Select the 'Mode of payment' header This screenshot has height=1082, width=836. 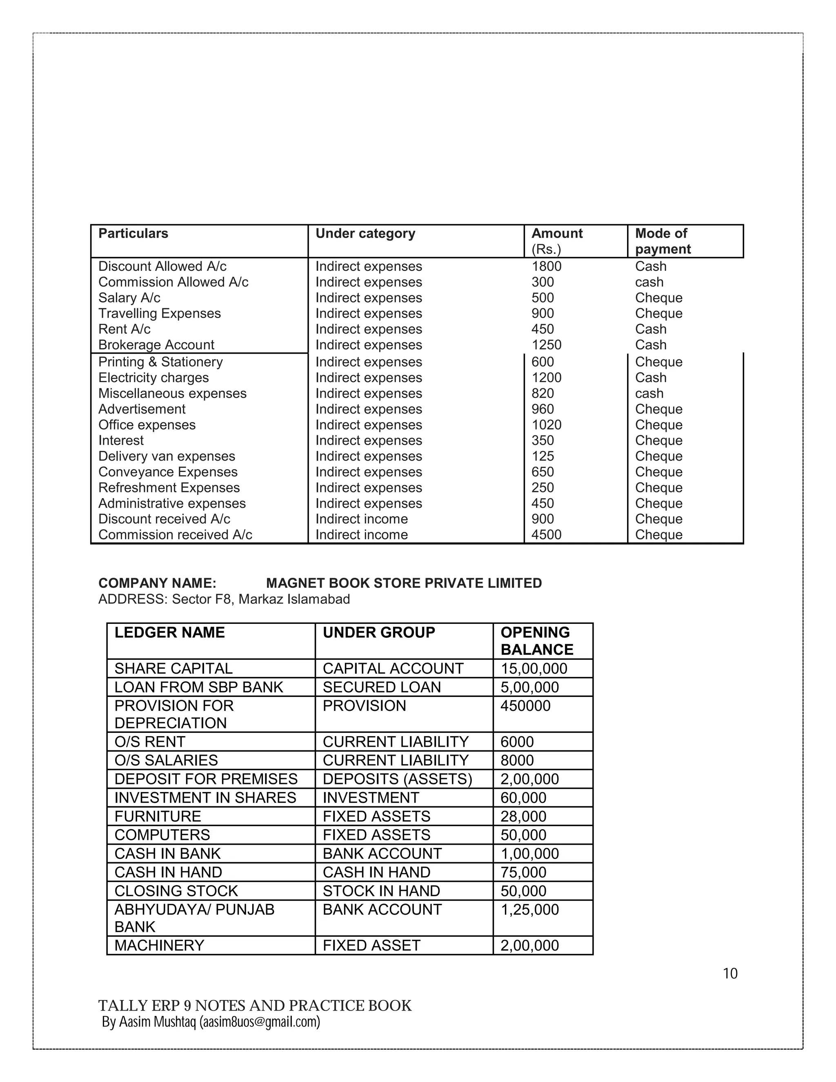pos(663,241)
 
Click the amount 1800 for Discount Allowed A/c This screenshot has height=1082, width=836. pos(546,267)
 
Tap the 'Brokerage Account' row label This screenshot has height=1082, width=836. pos(156,345)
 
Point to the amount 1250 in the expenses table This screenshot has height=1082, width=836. pos(546,345)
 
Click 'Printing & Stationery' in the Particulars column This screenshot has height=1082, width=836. pos(160,362)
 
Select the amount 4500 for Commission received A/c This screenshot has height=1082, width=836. pos(546,535)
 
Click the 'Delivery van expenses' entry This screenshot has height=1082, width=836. pos(167,456)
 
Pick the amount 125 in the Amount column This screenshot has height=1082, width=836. pos(543,456)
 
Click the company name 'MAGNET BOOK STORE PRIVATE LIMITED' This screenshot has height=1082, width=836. pos(404,583)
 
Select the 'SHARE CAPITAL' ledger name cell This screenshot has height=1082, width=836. pos(173,668)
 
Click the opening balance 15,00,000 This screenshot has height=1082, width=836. pos(534,668)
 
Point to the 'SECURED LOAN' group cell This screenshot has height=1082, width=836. pos(381,687)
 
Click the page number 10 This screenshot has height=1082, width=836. pos(730,973)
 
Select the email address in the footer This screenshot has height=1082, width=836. pos(260,1022)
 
